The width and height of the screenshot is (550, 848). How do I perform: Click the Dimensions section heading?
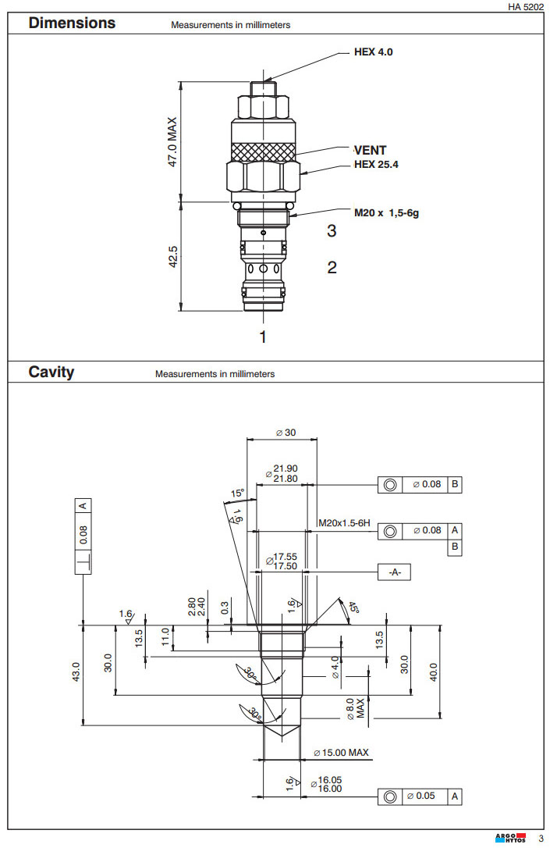click(x=72, y=23)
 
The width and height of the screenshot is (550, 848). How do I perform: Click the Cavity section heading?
click(x=51, y=372)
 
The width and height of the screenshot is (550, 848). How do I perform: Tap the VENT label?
click(x=370, y=150)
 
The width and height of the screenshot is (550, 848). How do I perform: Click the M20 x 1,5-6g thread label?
click(x=388, y=212)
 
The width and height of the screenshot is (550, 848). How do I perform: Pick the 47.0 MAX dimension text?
click(x=172, y=142)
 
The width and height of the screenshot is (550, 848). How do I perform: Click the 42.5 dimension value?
click(x=173, y=257)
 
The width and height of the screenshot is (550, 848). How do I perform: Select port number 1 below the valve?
click(x=263, y=337)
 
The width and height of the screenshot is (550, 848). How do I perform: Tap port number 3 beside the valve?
click(x=332, y=231)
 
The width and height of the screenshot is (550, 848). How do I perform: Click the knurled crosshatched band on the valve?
click(x=264, y=149)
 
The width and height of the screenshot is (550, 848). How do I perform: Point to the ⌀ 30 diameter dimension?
click(x=285, y=433)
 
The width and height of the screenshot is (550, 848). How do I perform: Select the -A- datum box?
click(x=394, y=572)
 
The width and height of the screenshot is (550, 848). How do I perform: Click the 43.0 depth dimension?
click(x=75, y=672)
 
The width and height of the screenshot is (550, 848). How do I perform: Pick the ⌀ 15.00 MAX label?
click(x=341, y=753)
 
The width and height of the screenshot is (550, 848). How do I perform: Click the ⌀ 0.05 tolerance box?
click(x=422, y=796)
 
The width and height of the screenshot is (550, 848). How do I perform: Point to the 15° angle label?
click(x=238, y=493)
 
